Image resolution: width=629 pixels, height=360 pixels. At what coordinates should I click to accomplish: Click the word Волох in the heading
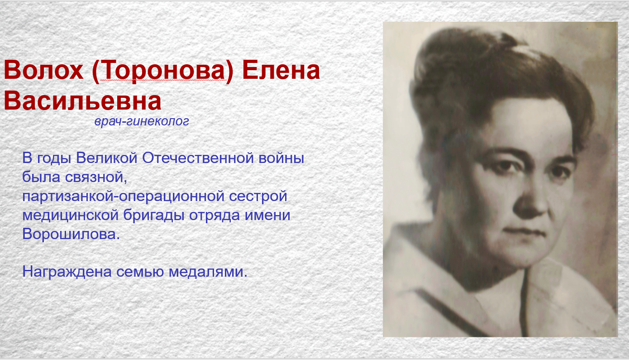pyautogui.click(x=43, y=70)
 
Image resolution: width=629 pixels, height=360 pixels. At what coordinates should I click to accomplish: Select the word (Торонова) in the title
pyautogui.click(x=163, y=71)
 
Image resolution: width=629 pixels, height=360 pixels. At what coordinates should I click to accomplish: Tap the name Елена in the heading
pyautogui.click(x=281, y=70)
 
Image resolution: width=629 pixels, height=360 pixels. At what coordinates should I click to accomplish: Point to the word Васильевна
pyautogui.click(x=82, y=101)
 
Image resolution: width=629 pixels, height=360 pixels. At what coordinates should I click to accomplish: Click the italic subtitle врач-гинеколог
pyautogui.click(x=142, y=121)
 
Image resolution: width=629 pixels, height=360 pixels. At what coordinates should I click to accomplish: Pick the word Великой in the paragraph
pyautogui.click(x=107, y=158)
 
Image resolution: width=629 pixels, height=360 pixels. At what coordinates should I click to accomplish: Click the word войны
pyautogui.click(x=281, y=158)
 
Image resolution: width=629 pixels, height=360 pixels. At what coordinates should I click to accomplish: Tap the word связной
pyautogui.click(x=96, y=178)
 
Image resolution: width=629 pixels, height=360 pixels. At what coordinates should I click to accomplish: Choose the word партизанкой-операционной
pyautogui.click(x=123, y=197)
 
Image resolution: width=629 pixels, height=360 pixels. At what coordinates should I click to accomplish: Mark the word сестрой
pyautogui.click(x=258, y=197)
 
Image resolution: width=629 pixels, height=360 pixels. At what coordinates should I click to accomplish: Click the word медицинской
pyautogui.click(x=71, y=216)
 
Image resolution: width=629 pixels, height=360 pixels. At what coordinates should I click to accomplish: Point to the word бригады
pyautogui.click(x=154, y=216)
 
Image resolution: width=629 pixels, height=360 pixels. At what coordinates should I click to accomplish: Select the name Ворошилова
pyautogui.click(x=71, y=234)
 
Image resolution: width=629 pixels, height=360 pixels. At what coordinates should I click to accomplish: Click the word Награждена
pyautogui.click(x=67, y=272)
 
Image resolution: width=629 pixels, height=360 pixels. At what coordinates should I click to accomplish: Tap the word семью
pyautogui.click(x=140, y=272)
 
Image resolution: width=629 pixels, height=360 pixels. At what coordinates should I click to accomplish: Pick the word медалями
pyautogui.click(x=208, y=272)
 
